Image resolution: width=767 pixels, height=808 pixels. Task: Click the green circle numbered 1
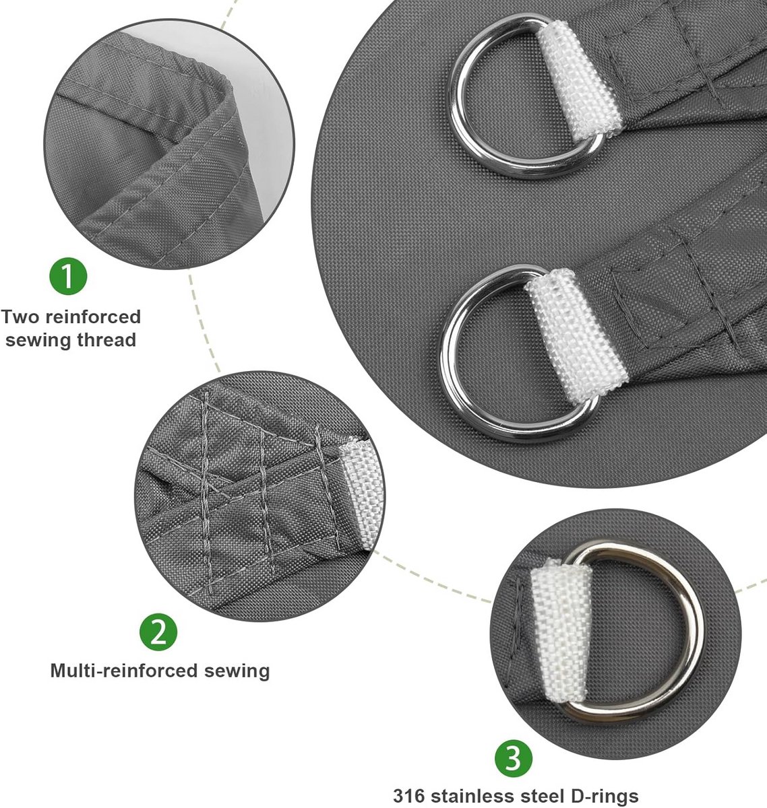click(x=68, y=276)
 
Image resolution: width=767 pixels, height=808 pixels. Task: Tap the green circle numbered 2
click(x=158, y=632)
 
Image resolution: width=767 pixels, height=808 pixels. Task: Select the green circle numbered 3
click(x=513, y=758)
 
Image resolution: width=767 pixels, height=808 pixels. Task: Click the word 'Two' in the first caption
click(x=20, y=317)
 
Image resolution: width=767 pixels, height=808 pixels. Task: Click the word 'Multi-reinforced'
click(x=124, y=671)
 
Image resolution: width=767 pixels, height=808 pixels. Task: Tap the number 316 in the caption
click(x=408, y=796)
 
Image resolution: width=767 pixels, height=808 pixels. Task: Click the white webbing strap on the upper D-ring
click(x=580, y=80)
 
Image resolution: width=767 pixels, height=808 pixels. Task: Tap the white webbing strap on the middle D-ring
click(x=576, y=335)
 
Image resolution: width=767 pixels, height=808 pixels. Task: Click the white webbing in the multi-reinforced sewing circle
click(x=359, y=493)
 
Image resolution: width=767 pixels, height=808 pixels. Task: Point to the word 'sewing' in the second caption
click(x=237, y=672)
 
